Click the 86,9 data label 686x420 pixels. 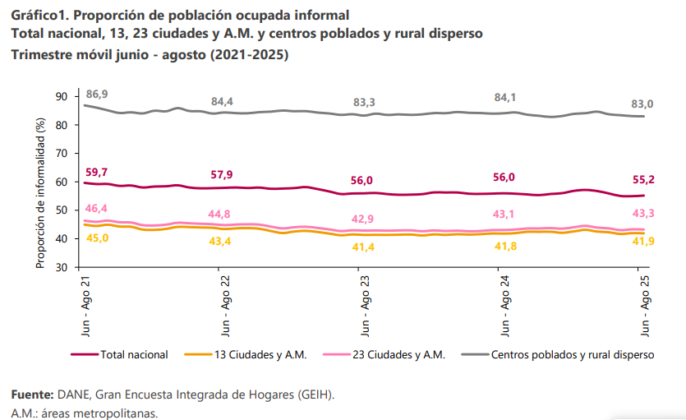click(97, 95)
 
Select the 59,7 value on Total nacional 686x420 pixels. click(97, 172)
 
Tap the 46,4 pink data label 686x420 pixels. click(97, 209)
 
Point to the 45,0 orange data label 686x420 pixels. click(97, 238)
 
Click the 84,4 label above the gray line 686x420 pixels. click(223, 101)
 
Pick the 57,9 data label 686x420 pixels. click(223, 175)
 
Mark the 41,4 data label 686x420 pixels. click(364, 247)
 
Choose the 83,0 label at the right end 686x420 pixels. click(642, 104)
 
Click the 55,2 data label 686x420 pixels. click(642, 179)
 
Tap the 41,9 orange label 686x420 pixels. click(642, 241)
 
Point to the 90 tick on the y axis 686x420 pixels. click(62, 96)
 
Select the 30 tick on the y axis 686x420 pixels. click(62, 267)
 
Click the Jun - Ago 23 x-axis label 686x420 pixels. click(364, 305)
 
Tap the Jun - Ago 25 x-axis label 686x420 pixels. click(645, 305)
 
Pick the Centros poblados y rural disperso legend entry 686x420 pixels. click(572, 355)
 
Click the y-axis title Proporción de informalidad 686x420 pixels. click(39, 192)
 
